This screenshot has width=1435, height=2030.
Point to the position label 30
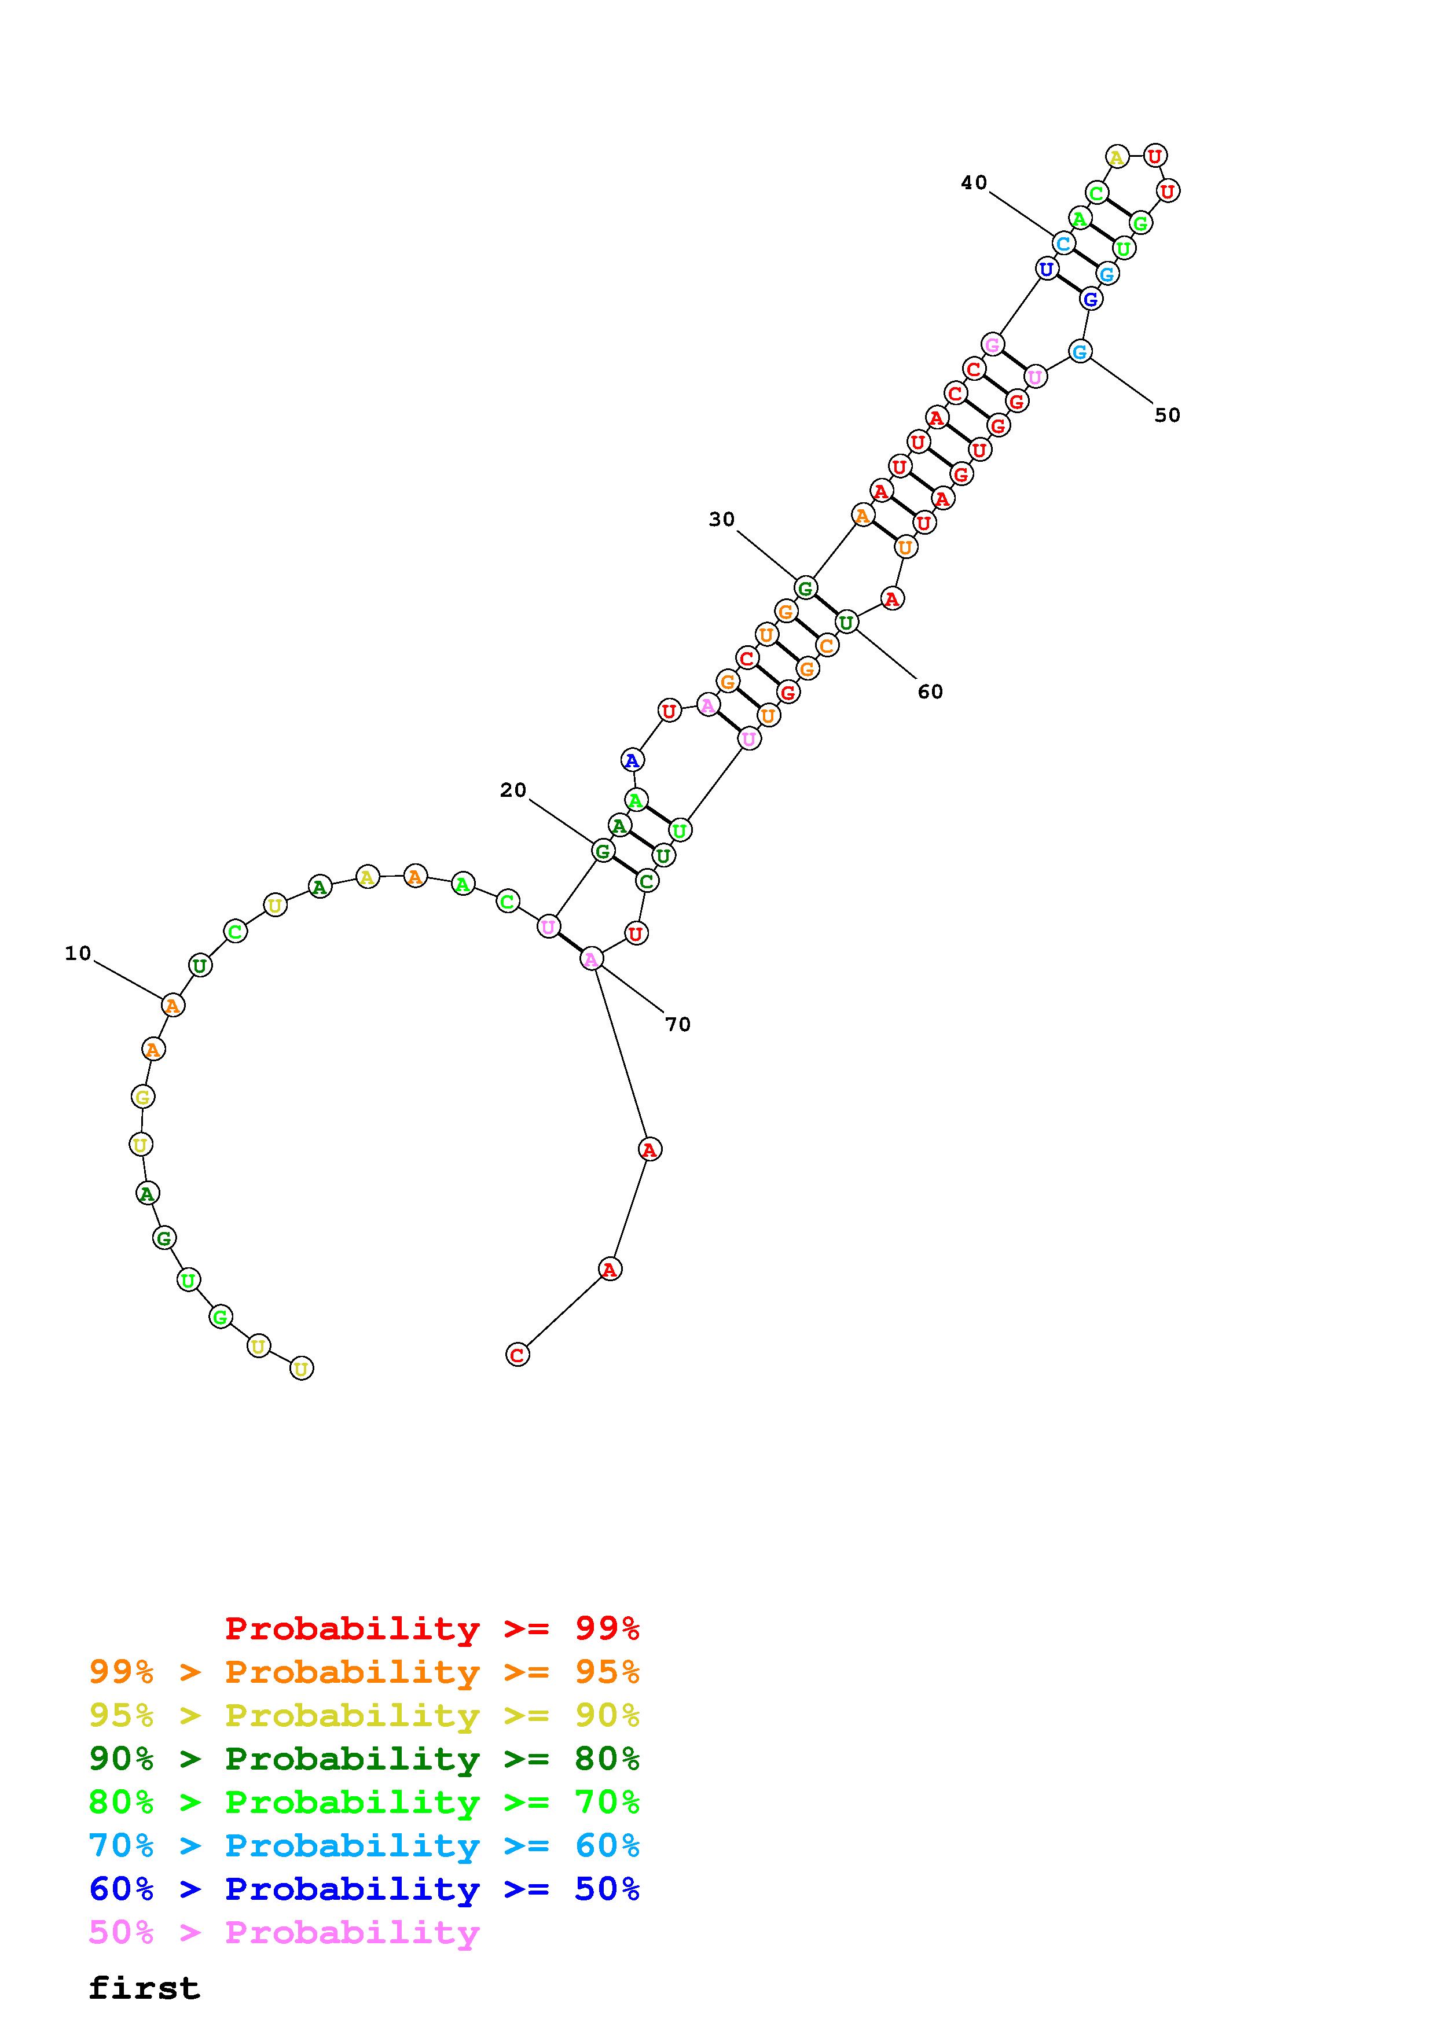[721, 519]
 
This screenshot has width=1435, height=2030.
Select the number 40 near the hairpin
[974, 182]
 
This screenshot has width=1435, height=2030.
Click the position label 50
[1167, 415]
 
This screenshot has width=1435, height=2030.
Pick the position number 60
[930, 692]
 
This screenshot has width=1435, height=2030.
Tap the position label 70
[677, 1024]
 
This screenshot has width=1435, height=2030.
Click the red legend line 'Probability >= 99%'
[432, 1628]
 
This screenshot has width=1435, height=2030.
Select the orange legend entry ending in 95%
[364, 1672]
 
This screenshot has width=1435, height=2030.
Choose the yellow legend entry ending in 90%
[364, 1715]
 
